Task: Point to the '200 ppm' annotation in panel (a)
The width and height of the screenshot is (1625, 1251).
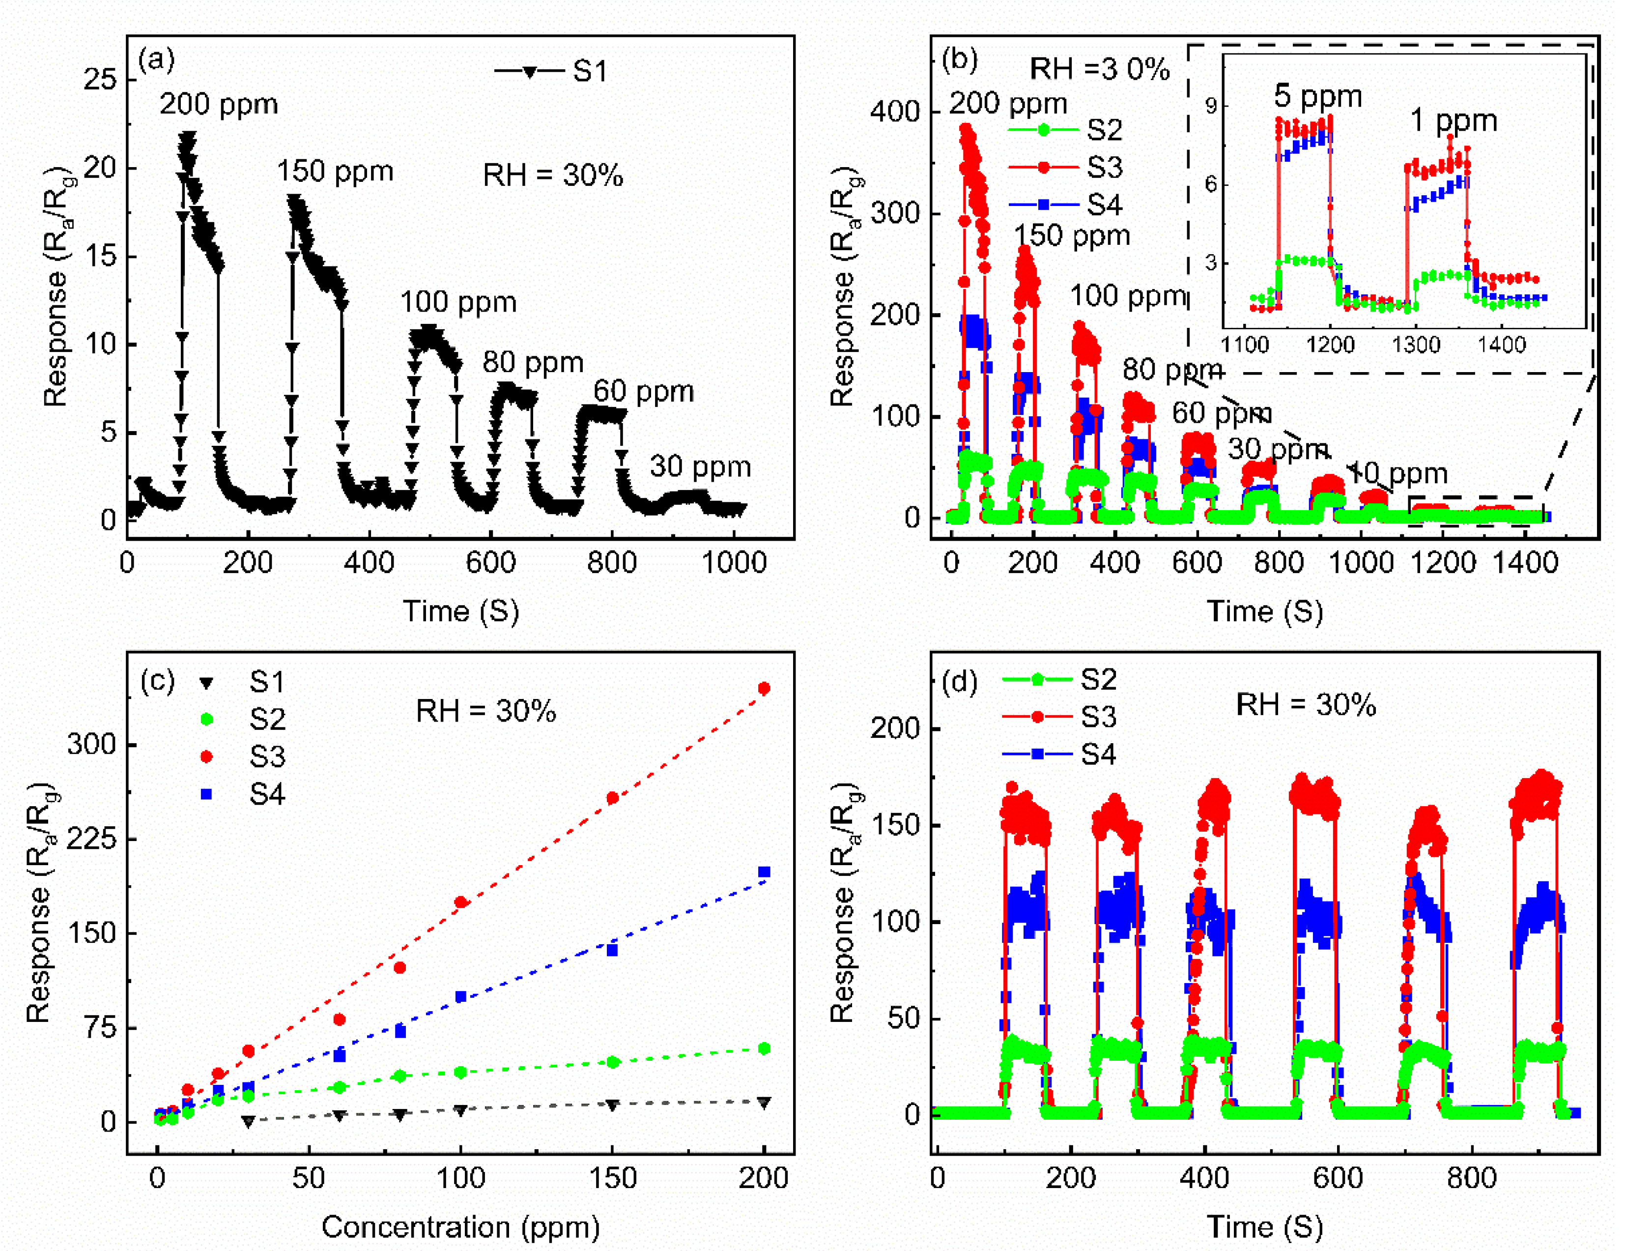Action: pos(218,104)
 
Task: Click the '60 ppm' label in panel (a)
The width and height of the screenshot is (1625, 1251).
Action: pos(643,391)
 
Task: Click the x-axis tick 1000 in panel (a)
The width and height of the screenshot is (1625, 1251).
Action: pos(734,563)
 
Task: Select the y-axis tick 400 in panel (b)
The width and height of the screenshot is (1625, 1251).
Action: pos(895,112)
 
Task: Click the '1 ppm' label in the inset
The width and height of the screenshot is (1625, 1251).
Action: pos(1453,120)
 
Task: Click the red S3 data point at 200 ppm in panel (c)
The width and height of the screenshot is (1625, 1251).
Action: pos(764,688)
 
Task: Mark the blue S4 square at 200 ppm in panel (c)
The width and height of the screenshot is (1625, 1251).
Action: pos(764,872)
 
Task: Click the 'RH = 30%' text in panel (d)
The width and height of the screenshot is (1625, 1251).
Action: pos(1305,705)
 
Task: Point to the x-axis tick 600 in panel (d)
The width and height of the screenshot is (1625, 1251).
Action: pos(1337,1178)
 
